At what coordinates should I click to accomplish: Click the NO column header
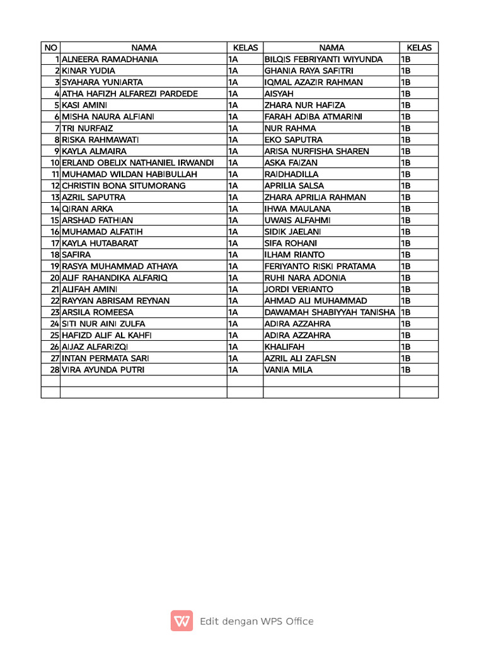[50, 48]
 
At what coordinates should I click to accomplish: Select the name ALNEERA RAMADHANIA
[110, 59]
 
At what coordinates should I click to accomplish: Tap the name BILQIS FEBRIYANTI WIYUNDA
[323, 59]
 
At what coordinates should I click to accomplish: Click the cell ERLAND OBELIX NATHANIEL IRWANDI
[137, 163]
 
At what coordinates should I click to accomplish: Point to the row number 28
[54, 370]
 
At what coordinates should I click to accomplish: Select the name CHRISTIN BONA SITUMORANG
[124, 186]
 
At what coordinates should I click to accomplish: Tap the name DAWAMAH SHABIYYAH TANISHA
[330, 312]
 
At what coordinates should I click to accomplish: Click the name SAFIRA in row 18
[76, 254]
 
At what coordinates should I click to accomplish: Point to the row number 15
[54, 220]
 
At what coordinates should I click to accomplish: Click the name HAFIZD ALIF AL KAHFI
[107, 335]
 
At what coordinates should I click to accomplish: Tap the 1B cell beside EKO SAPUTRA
[406, 140]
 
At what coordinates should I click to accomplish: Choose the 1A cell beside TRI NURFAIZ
[233, 128]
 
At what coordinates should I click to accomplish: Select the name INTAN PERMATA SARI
[105, 358]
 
